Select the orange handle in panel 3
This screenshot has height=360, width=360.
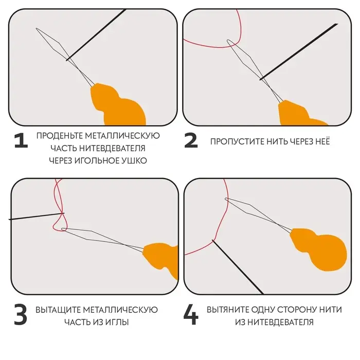pyautogui.click(x=162, y=258)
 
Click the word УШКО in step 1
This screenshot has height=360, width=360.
pyautogui.click(x=135, y=160)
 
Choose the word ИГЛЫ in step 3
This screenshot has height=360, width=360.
pyautogui.click(x=118, y=322)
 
